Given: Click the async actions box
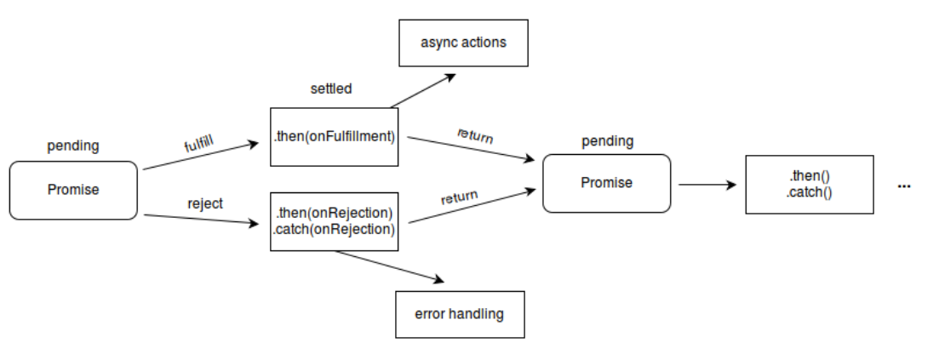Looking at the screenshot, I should pyautogui.click(x=463, y=43).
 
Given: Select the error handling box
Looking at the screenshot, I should pyautogui.click(x=459, y=314).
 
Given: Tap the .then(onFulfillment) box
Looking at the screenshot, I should pyautogui.click(x=334, y=136).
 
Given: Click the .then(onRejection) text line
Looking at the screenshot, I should pyautogui.click(x=334, y=213).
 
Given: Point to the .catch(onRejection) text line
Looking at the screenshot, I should pyautogui.click(x=334, y=229).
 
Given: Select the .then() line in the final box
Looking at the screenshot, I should pyautogui.click(x=809, y=176).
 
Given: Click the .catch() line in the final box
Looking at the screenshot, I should pyautogui.click(x=809, y=191).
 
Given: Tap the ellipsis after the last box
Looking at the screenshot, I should pyautogui.click(x=903, y=186).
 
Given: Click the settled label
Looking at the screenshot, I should pyautogui.click(x=331, y=89).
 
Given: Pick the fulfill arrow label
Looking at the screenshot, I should pyautogui.click(x=198, y=140).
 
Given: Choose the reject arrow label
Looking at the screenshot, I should pyautogui.click(x=204, y=203).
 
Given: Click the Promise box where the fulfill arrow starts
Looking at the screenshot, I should pyautogui.click(x=73, y=190).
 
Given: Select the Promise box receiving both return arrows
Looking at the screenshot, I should pyautogui.click(x=606, y=183).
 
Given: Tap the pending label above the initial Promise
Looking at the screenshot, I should pyautogui.click(x=72, y=146).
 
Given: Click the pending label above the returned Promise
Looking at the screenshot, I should pyautogui.click(x=607, y=140).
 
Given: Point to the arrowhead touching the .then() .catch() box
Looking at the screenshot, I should pyautogui.click(x=731, y=184).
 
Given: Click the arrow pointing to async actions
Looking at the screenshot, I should pyautogui.click(x=424, y=91).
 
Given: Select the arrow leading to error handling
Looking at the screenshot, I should pyautogui.click(x=392, y=266).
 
